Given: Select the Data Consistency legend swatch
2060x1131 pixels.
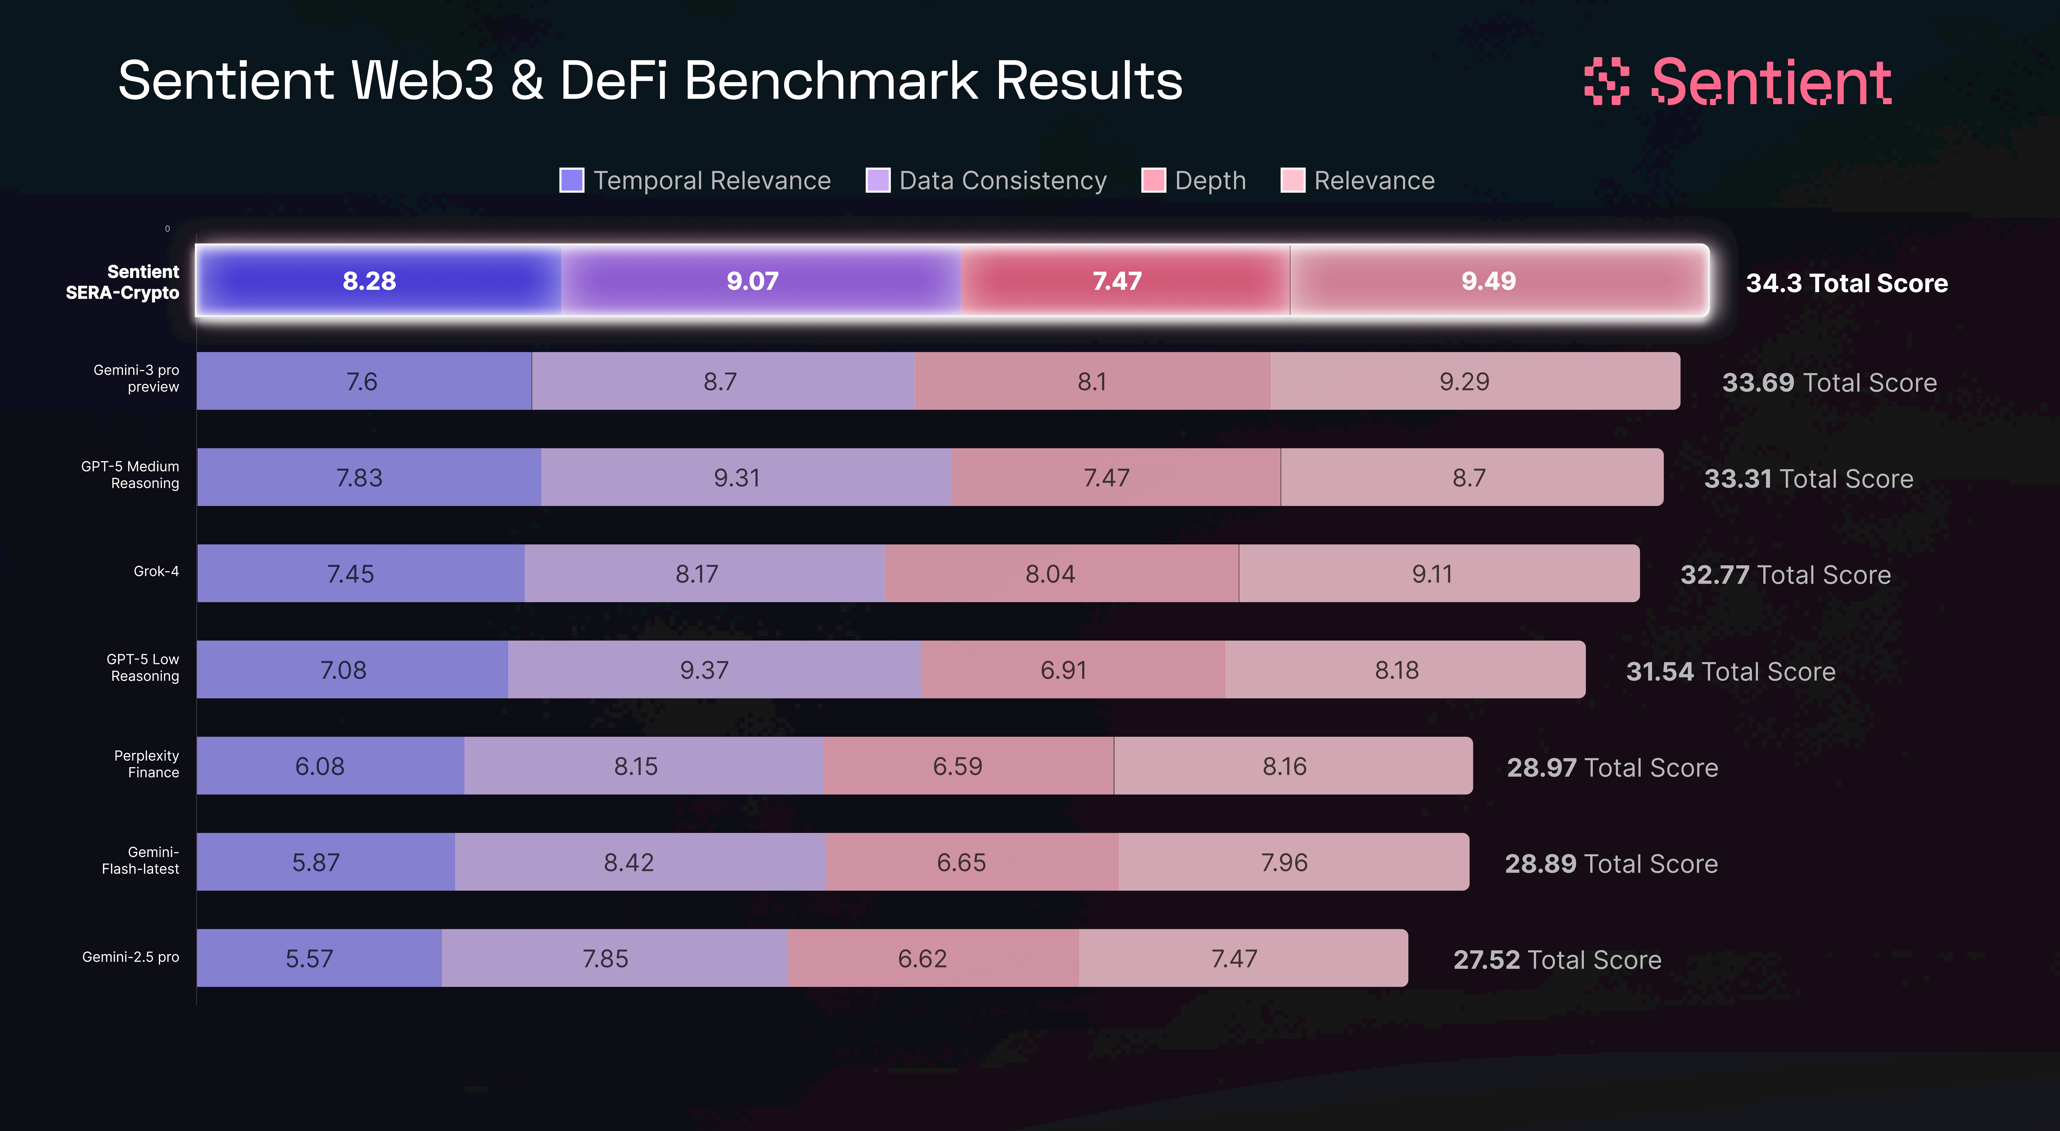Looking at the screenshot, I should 878,181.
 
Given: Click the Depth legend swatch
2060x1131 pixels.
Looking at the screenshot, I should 1153,181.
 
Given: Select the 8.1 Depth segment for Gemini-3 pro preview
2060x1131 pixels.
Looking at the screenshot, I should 1092,381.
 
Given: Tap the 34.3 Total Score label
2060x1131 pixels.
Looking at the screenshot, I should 1847,283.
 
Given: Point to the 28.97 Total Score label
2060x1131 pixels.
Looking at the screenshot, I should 1612,767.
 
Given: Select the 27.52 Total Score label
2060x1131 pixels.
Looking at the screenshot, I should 1557,959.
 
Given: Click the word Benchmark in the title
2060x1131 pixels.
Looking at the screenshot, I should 832,81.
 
